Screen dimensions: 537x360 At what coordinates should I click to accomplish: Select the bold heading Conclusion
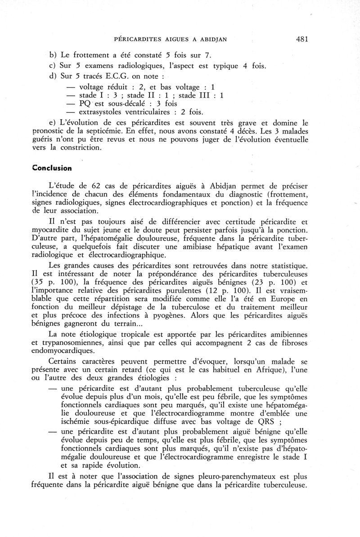pos(52,167)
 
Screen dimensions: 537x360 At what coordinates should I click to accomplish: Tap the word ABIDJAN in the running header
pos(210,40)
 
